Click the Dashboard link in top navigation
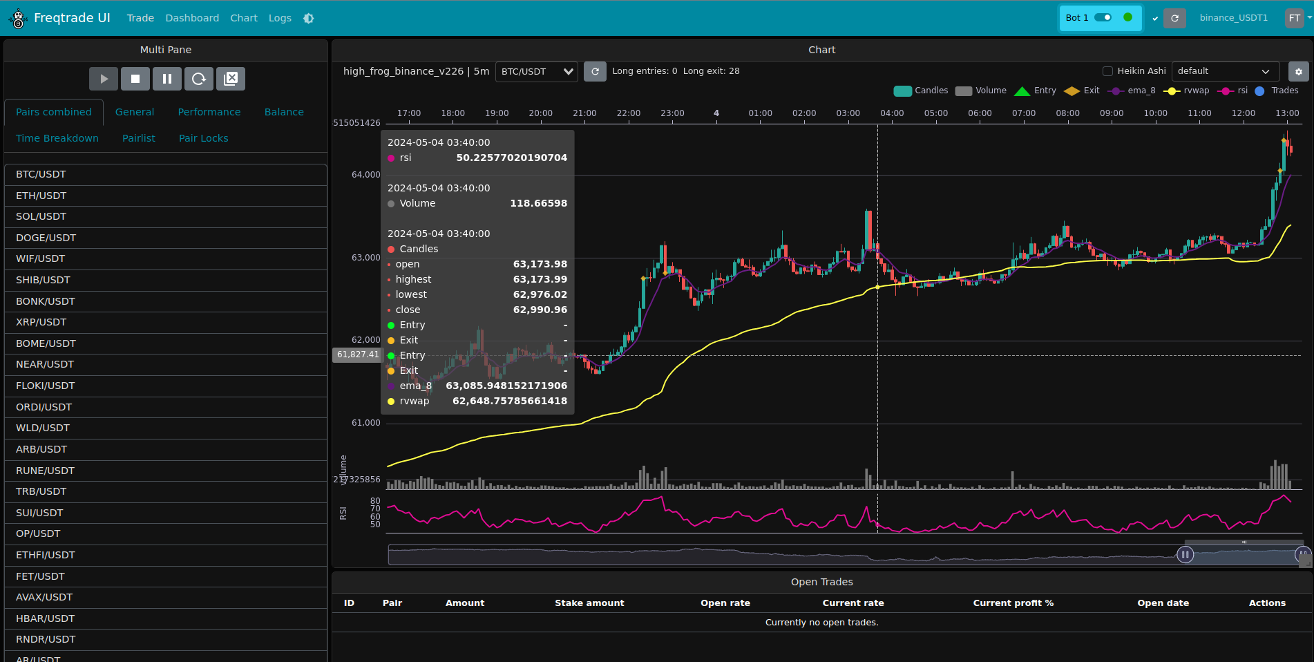pos(192,18)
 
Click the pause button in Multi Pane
pos(167,79)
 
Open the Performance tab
pos(209,112)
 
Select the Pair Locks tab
pos(203,138)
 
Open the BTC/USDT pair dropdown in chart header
pos(537,71)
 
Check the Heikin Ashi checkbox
pos(1107,71)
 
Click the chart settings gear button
pos(1298,72)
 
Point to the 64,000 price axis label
pos(365,175)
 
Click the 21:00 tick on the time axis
pos(584,113)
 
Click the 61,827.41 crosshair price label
pos(358,354)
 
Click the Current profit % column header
pos(1013,603)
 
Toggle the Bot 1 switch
pos(1103,17)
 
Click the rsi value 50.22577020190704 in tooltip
pos(511,158)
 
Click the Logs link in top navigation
pos(280,18)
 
